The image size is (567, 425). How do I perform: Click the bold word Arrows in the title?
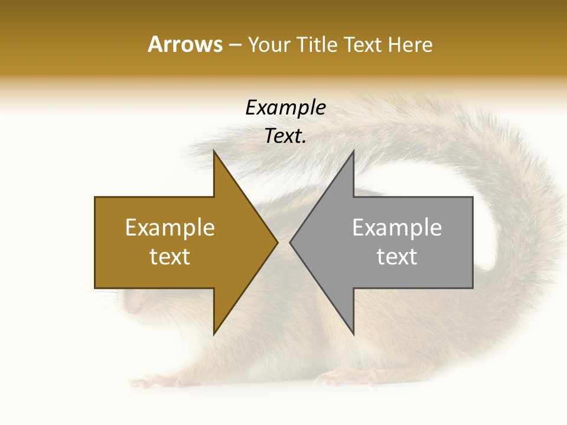[x=185, y=44]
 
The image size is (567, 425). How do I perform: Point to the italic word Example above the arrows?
[x=285, y=107]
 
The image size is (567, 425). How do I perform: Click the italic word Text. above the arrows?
[x=285, y=136]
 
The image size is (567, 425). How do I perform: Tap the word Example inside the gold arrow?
[x=170, y=227]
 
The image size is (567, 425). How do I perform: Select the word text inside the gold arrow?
[x=170, y=256]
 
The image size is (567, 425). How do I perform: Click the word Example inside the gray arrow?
[x=397, y=227]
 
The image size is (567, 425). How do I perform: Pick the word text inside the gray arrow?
[x=397, y=256]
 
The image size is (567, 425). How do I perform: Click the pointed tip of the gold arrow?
[x=277, y=242]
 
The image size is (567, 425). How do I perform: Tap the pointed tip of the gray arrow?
[x=290, y=242]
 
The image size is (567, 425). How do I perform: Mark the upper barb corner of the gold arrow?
[x=214, y=151]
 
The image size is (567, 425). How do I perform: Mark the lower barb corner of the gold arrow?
[x=214, y=334]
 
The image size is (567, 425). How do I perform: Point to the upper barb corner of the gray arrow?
[x=353, y=151]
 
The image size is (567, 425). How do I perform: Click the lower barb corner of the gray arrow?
[x=353, y=334]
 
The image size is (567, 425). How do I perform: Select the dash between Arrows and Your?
[x=234, y=45]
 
